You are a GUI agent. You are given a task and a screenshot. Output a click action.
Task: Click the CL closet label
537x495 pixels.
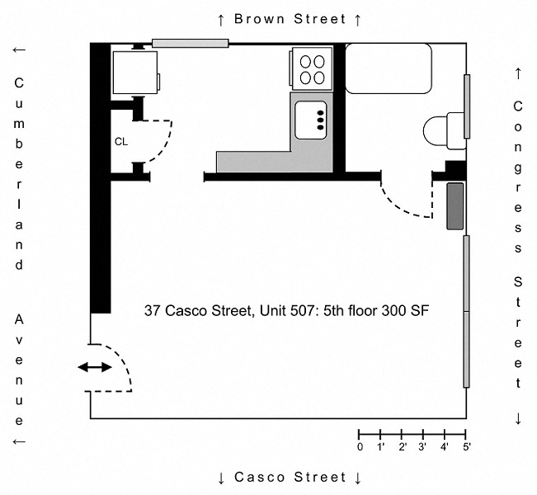[x=121, y=141]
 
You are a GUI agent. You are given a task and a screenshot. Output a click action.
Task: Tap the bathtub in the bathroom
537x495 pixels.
[x=389, y=68]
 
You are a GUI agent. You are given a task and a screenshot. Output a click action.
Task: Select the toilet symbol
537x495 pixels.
[x=445, y=131]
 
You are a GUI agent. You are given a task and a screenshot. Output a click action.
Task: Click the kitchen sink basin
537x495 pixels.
[x=311, y=120]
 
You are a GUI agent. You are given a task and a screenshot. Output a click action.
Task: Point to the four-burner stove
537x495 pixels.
[x=312, y=68]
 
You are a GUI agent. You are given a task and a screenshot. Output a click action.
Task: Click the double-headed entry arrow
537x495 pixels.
[x=95, y=368]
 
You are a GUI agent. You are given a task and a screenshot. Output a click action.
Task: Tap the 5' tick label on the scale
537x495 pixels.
[x=467, y=447]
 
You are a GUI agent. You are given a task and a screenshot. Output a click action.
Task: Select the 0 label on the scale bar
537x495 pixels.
[x=360, y=447]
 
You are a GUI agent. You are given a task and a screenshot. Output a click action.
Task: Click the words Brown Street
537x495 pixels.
[x=290, y=19]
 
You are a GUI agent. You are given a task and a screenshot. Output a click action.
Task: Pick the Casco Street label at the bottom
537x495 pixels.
[x=290, y=477]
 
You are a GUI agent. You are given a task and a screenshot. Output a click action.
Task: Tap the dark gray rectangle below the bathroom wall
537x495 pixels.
[x=455, y=206]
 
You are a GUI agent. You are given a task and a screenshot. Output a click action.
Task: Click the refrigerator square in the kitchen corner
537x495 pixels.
[x=135, y=73]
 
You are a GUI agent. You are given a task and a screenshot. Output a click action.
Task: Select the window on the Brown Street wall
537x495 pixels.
[x=191, y=43]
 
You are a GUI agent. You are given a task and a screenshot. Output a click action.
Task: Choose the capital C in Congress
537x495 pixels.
[x=518, y=106]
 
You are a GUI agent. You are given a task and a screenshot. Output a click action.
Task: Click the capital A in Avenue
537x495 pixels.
[x=19, y=319]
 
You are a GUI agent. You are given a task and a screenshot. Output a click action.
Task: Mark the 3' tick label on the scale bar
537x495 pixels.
[x=422, y=447]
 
